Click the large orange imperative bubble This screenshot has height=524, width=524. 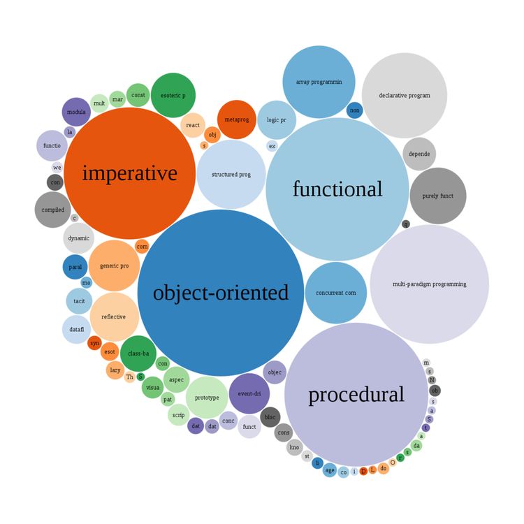[x=130, y=173]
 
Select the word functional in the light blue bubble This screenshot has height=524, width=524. [x=337, y=189]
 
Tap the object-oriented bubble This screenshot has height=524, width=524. [x=221, y=293]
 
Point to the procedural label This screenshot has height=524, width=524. [x=356, y=395]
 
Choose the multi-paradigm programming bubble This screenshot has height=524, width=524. [x=429, y=284]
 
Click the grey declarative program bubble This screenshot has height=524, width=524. [x=405, y=95]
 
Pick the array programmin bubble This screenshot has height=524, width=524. [x=319, y=82]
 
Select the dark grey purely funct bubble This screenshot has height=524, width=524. [x=438, y=196]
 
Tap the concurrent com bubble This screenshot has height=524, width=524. [x=336, y=293]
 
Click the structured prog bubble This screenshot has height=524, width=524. [x=231, y=175]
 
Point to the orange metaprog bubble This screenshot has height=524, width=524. [x=237, y=120]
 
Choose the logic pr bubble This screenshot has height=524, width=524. [x=277, y=120]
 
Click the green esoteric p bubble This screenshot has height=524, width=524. [x=173, y=95]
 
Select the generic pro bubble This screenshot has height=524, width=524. [x=115, y=265]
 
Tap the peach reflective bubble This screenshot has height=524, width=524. [x=114, y=316]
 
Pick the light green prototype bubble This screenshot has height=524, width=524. [x=207, y=398]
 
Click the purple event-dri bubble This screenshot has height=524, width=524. [x=249, y=393]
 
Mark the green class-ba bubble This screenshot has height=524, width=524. [x=138, y=354]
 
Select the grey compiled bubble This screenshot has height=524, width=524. [x=52, y=210]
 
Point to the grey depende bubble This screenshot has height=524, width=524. [x=419, y=154]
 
